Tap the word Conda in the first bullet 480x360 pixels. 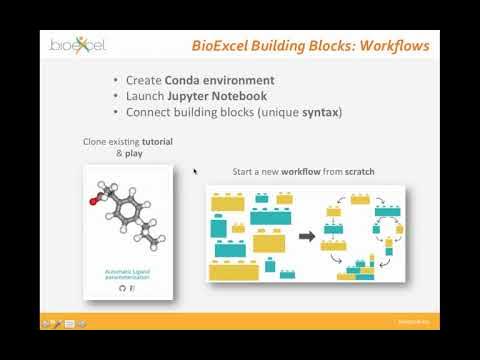[190, 80]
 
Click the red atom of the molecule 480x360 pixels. [94, 201]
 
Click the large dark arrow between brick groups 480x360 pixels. [307, 236]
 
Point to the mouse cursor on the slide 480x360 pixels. [194, 171]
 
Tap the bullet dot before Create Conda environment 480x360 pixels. [117, 80]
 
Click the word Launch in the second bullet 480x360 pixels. [145, 96]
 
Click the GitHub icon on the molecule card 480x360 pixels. [122, 288]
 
